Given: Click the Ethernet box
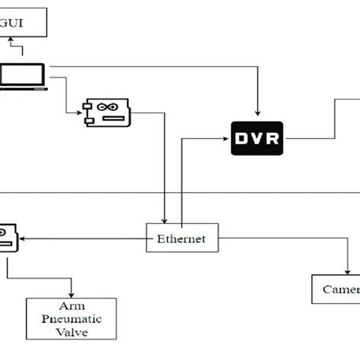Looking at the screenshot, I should coord(181,238).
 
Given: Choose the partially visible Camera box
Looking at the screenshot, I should coord(336,289).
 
